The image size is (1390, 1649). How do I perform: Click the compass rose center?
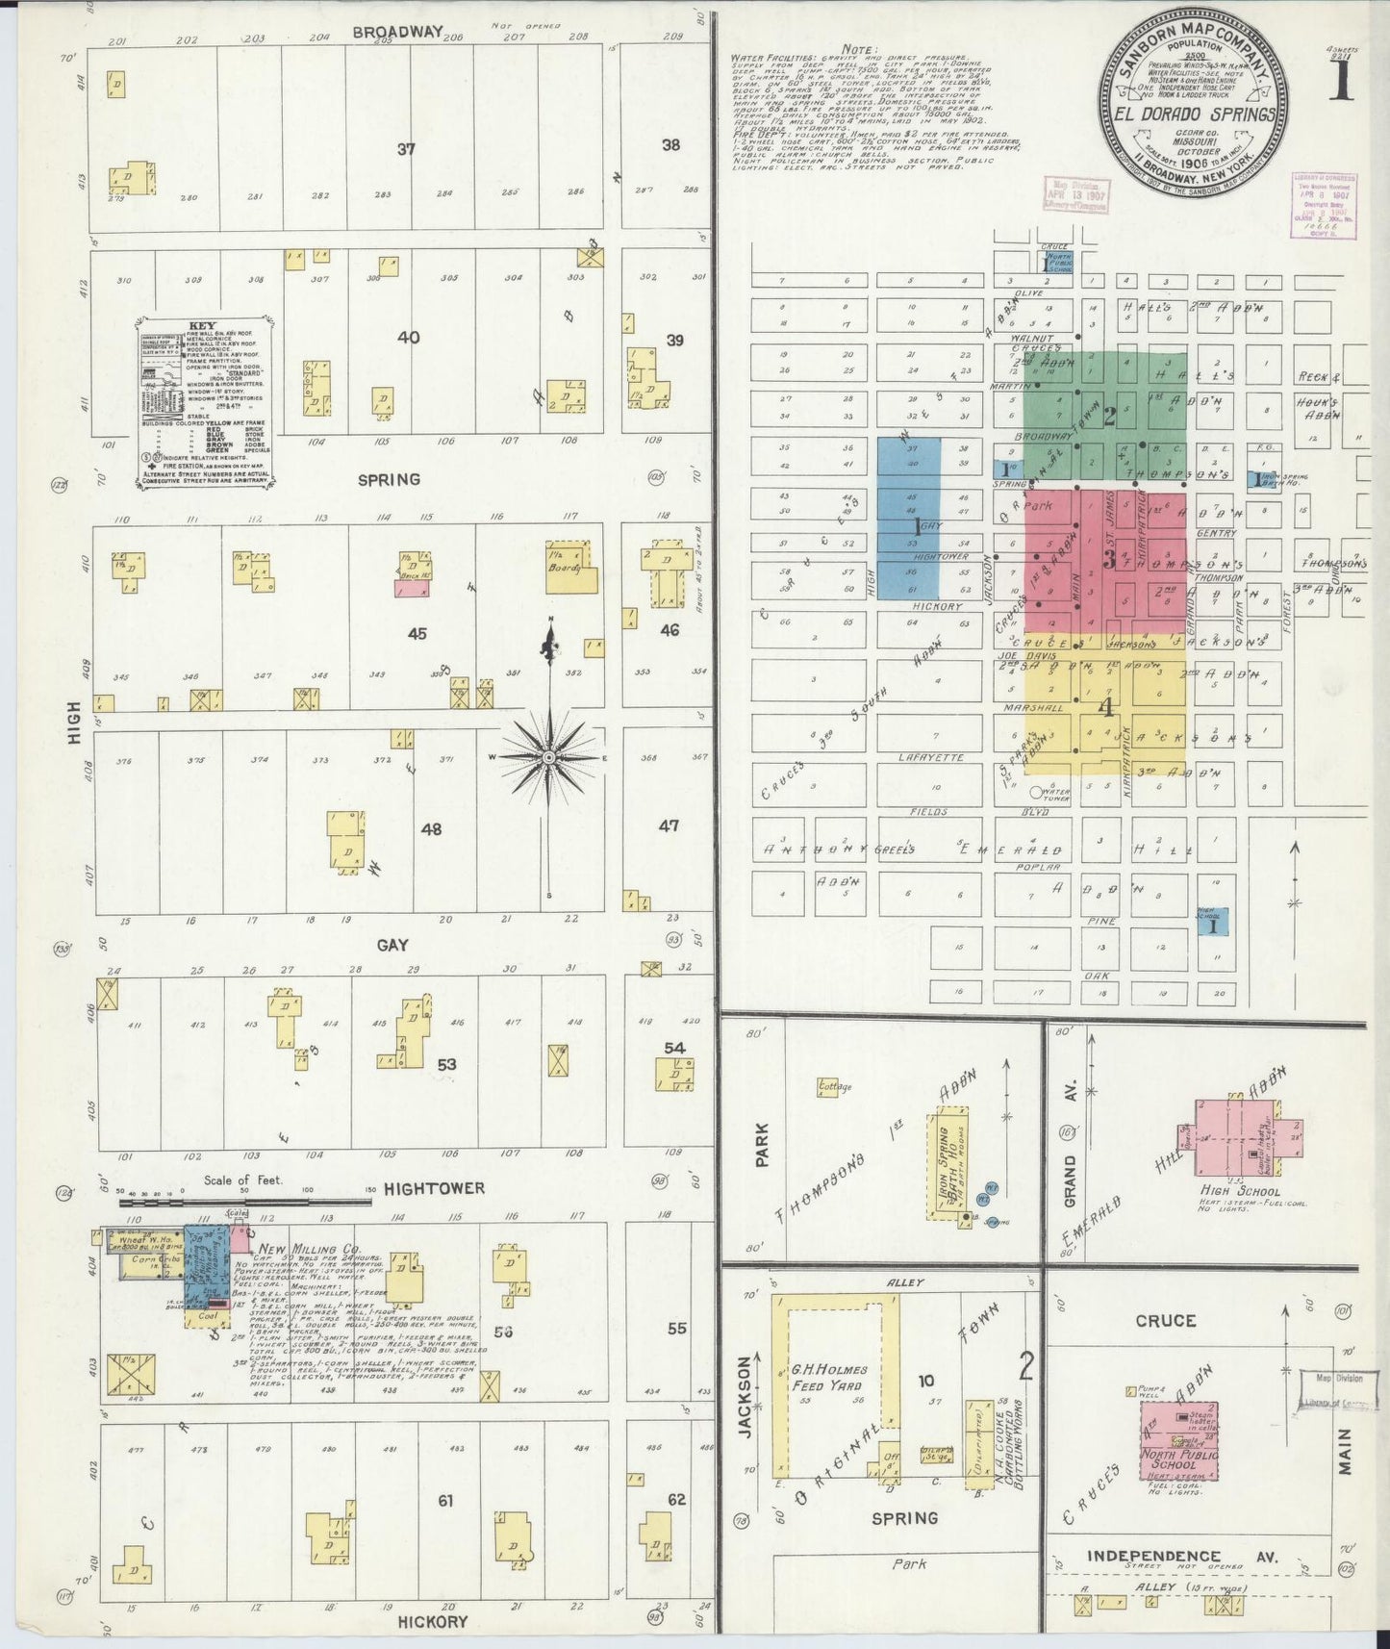point(548,757)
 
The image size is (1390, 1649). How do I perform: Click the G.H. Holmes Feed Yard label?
point(829,1378)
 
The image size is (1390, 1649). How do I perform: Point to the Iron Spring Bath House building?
point(948,1164)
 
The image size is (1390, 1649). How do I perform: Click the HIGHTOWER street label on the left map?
point(434,1189)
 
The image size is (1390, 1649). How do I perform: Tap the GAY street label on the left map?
point(392,946)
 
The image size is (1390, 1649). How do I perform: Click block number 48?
point(431,828)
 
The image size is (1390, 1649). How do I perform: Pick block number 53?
point(446,1065)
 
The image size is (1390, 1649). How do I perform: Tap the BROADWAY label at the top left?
point(397,32)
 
